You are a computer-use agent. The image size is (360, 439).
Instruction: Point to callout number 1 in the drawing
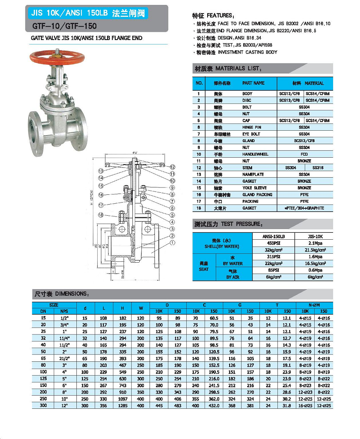[x=172, y=243]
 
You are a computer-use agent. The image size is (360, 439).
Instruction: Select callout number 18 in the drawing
[x=100, y=215]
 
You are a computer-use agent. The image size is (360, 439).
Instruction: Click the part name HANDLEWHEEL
[x=255, y=154]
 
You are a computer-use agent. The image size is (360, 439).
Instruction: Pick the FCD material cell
[x=304, y=154]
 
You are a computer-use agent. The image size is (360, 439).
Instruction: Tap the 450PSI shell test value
[x=273, y=243]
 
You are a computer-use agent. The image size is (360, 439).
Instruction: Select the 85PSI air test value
[x=273, y=270]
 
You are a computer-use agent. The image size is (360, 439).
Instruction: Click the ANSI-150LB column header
[x=273, y=236]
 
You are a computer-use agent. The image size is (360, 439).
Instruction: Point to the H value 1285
[x=122, y=406]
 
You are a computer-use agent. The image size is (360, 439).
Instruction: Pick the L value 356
[x=103, y=406]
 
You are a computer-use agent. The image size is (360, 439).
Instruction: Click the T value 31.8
[x=287, y=406]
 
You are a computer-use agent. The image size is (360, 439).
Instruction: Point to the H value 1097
[x=122, y=399]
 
